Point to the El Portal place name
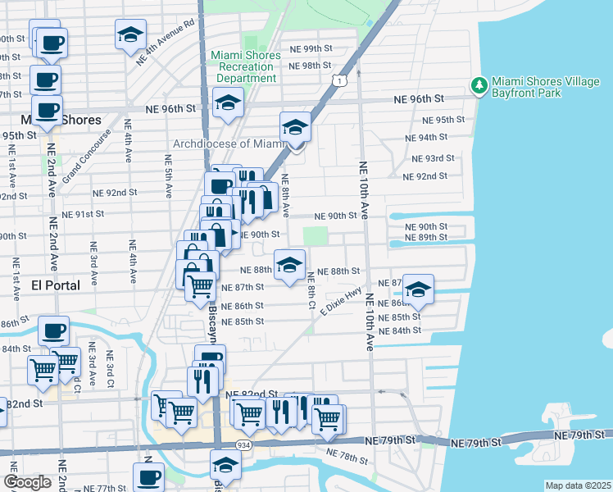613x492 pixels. [x=55, y=285]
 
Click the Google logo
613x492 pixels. [x=27, y=481]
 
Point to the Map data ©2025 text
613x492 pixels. [x=578, y=485]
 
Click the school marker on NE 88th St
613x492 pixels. [x=288, y=265]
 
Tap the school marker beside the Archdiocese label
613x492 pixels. [x=295, y=128]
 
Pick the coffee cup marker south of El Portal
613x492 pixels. [x=55, y=331]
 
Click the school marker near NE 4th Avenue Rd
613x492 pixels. [x=129, y=35]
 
